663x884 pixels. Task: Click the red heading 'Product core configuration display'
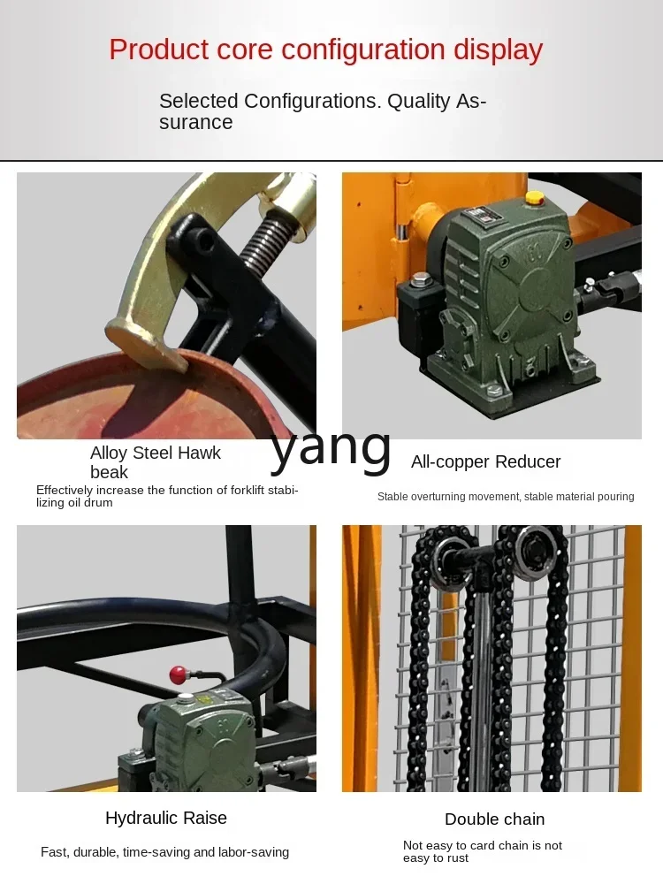coord(326,50)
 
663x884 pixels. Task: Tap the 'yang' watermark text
coord(331,449)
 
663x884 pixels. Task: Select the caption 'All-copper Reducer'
coord(485,461)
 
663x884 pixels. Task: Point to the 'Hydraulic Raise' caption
coord(166,818)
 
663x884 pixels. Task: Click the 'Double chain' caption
coord(494,819)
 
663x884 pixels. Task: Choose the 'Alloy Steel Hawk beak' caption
coord(155,462)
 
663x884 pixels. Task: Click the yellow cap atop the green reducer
coord(534,198)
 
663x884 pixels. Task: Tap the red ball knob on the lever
coord(179,673)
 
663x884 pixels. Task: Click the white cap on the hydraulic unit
coord(186,698)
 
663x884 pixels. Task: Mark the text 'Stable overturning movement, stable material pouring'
coord(506,497)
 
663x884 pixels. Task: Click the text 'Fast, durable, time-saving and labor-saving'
coord(164,852)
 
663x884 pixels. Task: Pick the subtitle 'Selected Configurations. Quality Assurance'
coord(323,111)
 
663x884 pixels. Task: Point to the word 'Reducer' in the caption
coord(528,461)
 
